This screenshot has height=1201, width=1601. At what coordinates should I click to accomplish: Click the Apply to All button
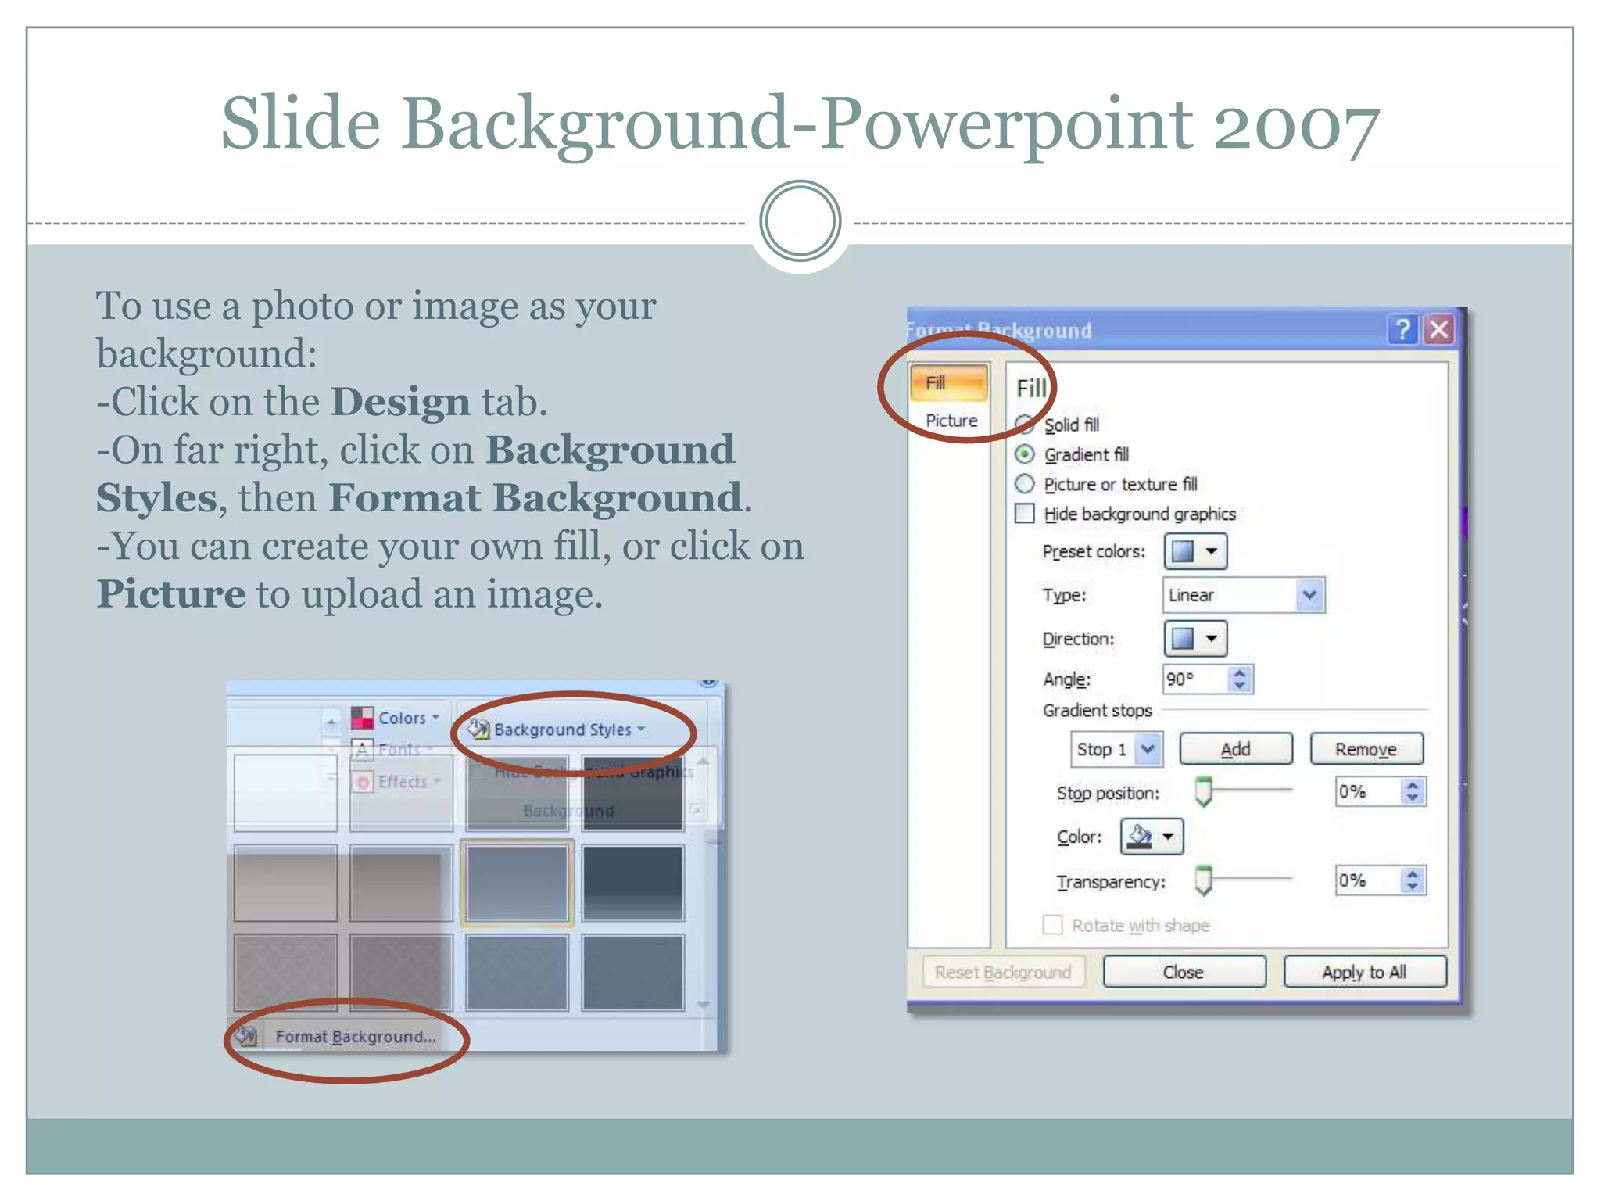[1364, 972]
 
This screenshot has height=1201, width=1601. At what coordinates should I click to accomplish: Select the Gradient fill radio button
[1025, 454]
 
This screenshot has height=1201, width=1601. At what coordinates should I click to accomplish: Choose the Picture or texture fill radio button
[1025, 484]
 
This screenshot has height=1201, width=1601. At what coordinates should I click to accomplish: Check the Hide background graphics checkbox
[1025, 514]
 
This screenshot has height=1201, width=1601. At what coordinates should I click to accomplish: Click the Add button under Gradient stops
[1235, 749]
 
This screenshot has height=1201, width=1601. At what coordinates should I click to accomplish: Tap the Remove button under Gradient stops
[1366, 749]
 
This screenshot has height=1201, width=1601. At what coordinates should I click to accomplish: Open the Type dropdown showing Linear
[1243, 595]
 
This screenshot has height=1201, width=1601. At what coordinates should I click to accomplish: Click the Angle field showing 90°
[1196, 679]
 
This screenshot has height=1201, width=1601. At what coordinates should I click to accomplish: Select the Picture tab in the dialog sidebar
[951, 421]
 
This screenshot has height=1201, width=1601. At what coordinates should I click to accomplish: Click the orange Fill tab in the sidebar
[948, 383]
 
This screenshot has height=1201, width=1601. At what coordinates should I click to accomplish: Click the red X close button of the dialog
[1439, 329]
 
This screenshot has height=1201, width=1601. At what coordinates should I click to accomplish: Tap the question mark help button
[1403, 329]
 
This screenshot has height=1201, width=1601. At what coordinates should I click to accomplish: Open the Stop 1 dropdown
[1116, 749]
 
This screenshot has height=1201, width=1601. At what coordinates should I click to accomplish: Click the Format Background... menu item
[355, 1037]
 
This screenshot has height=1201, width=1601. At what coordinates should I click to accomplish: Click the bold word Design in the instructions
[400, 402]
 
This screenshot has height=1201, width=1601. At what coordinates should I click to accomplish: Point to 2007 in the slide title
[1295, 125]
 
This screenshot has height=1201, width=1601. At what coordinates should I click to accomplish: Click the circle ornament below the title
[800, 221]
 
